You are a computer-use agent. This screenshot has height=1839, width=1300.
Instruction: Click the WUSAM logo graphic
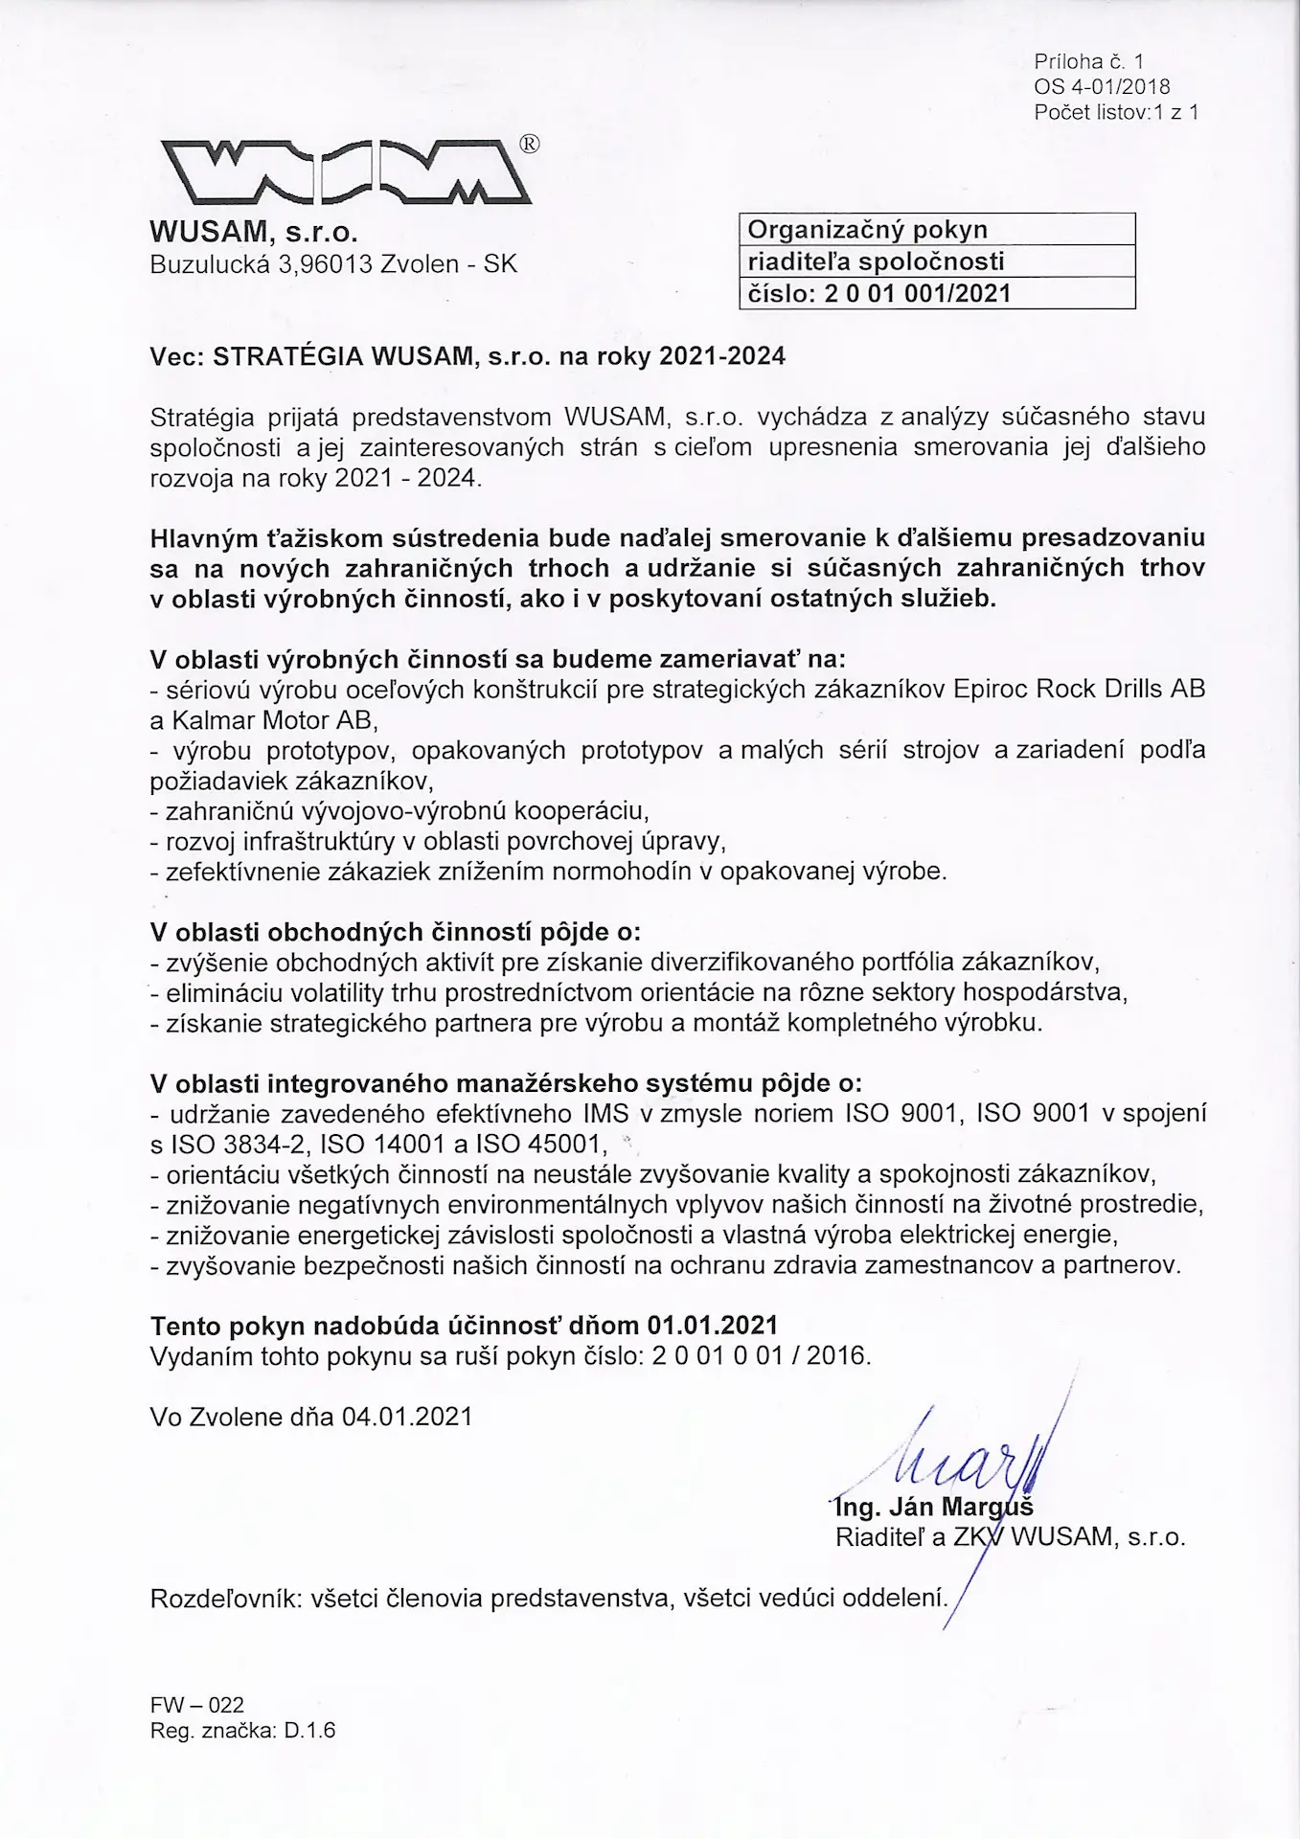coord(341,173)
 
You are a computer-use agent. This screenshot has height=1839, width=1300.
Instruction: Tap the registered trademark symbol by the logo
coord(529,144)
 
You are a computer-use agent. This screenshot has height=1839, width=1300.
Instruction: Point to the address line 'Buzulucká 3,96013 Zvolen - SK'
coord(333,264)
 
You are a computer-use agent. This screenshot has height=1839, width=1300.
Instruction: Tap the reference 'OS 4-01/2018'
coord(1102,87)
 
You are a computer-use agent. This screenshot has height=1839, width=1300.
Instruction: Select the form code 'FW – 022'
coord(197,1705)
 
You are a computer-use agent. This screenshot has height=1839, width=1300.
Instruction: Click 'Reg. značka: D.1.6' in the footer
coord(243,1730)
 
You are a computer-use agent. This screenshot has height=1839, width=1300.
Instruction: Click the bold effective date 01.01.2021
coord(712,1326)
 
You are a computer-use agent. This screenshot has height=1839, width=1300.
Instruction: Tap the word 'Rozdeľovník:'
coord(226,1598)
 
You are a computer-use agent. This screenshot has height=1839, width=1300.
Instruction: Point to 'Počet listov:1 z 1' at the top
coord(1116,112)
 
